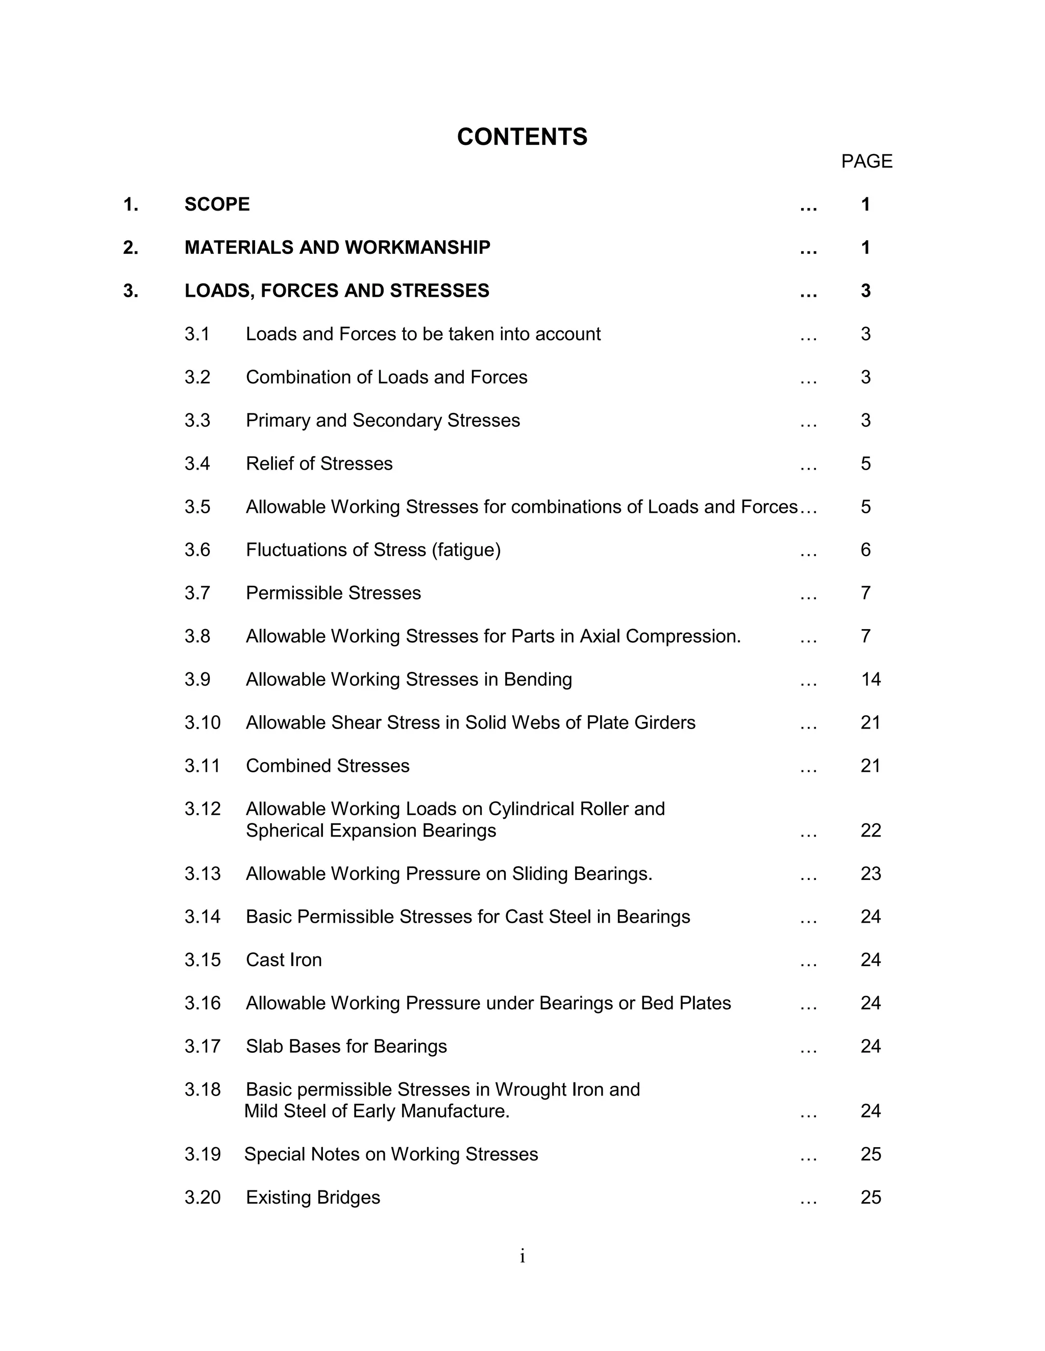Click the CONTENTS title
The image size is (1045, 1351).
522,137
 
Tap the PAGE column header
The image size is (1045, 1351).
866,162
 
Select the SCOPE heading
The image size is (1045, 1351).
217,204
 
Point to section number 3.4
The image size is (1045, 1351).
197,463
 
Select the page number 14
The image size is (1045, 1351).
870,679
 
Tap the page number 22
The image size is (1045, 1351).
870,830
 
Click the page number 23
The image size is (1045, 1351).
870,873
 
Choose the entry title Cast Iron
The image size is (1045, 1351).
284,959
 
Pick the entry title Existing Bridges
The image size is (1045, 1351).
313,1197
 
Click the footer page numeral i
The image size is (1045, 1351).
522,1256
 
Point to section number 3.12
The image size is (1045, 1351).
203,809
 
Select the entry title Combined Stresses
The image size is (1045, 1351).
328,766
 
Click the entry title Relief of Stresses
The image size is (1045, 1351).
319,463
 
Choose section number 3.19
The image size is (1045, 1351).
203,1154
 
